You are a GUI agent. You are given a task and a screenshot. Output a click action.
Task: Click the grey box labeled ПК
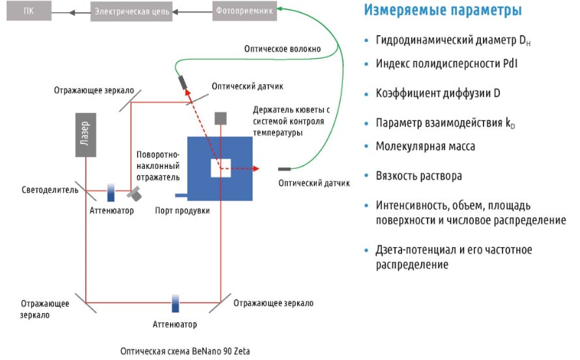28,11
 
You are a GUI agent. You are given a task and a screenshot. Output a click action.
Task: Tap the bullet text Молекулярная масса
425,147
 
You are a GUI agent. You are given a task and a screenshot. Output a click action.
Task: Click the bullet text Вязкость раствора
418,176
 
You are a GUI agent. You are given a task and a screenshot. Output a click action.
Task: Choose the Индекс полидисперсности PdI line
446,63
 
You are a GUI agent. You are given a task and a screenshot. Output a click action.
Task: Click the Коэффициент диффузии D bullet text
437,93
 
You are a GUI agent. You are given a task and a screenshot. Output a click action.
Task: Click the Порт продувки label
183,211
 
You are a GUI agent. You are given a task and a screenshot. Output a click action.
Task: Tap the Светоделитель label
50,190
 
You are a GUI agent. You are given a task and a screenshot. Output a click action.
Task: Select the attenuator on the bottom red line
175,303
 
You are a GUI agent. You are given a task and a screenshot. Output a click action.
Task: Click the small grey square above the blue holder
221,118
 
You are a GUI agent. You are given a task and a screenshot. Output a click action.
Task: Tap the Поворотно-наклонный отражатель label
158,166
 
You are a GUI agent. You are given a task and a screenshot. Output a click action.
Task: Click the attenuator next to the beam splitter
111,192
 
